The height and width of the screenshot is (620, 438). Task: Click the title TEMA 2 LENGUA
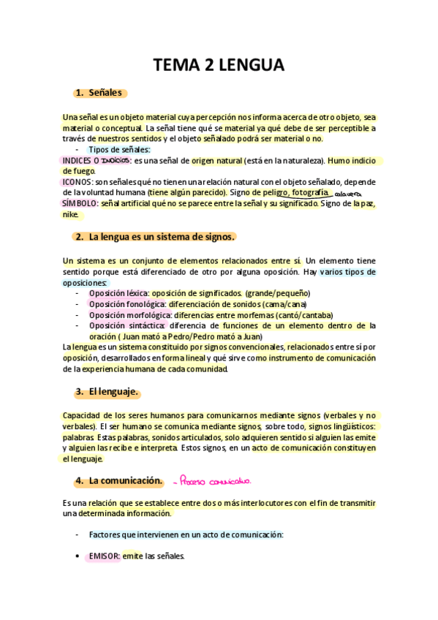pyautogui.click(x=219, y=65)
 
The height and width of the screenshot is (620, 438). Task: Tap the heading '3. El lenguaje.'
pyautogui.click(x=107, y=393)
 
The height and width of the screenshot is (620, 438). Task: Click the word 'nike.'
pyautogui.click(x=70, y=214)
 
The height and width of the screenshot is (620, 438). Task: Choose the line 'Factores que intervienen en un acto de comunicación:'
pyautogui.click(x=186, y=534)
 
